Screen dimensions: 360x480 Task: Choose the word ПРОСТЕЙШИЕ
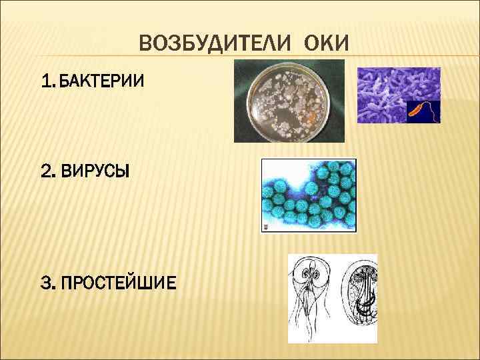point(117,283)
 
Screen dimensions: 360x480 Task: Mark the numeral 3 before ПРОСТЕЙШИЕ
point(46,283)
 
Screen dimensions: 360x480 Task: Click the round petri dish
point(288,101)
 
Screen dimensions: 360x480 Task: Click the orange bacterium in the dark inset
point(419,109)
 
